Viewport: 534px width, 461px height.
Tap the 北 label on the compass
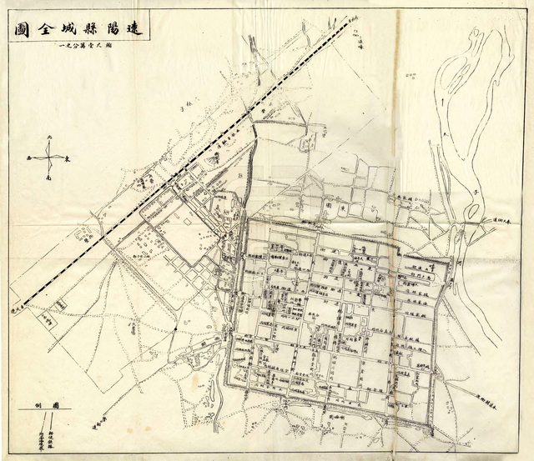[x=49, y=136]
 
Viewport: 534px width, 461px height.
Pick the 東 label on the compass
[x=68, y=158]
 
